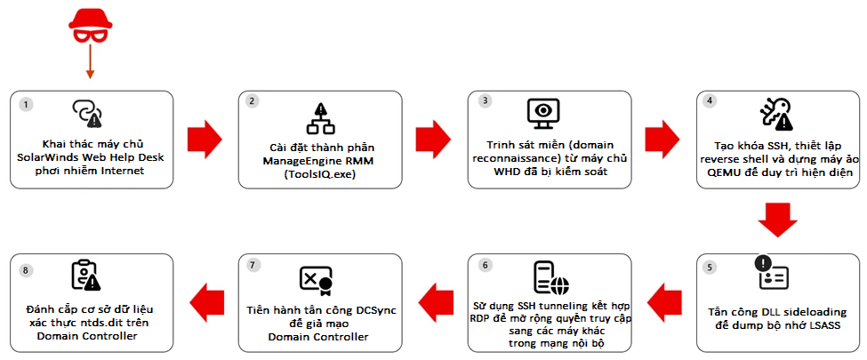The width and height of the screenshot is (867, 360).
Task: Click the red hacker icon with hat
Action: (90, 28)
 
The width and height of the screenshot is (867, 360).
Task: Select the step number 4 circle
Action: (710, 100)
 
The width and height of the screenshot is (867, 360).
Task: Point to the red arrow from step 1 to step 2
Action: (205, 138)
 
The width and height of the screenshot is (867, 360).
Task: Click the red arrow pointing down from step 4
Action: (776, 220)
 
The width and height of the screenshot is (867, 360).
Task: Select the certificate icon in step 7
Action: (316, 279)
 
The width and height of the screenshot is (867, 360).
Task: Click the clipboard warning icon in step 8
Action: (86, 276)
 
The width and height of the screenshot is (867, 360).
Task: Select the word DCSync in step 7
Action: (374, 311)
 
